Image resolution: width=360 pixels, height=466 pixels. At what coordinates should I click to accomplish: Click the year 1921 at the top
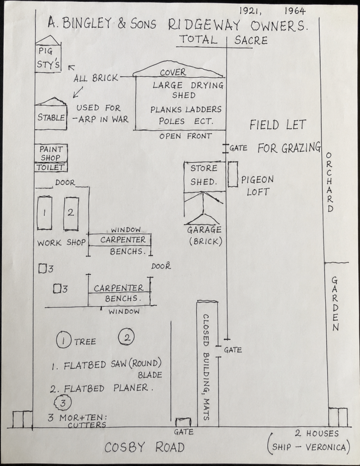pos(250,11)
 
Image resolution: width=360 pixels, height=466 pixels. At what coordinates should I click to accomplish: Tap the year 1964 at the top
pos(294,11)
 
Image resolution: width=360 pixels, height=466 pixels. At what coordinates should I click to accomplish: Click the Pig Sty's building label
pos(49,58)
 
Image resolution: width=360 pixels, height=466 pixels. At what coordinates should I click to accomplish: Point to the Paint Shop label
pos(51,153)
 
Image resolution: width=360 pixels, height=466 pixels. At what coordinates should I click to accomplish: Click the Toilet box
pos(51,167)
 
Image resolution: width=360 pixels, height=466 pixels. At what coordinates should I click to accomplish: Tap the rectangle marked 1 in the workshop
pos(44,213)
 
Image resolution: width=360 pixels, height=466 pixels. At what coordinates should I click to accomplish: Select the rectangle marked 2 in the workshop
pos(71,213)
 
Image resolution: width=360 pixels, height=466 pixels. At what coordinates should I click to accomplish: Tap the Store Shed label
pos(204,175)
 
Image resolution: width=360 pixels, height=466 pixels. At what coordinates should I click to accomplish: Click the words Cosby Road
pos(144,447)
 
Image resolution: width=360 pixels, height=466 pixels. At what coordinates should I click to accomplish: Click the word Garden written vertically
pos(335,304)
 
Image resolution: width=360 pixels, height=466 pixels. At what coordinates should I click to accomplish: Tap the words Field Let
pos(278,125)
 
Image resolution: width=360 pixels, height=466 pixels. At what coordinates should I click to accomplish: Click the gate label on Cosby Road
pos(183,432)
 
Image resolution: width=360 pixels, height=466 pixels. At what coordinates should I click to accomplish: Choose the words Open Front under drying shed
pos(186,136)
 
